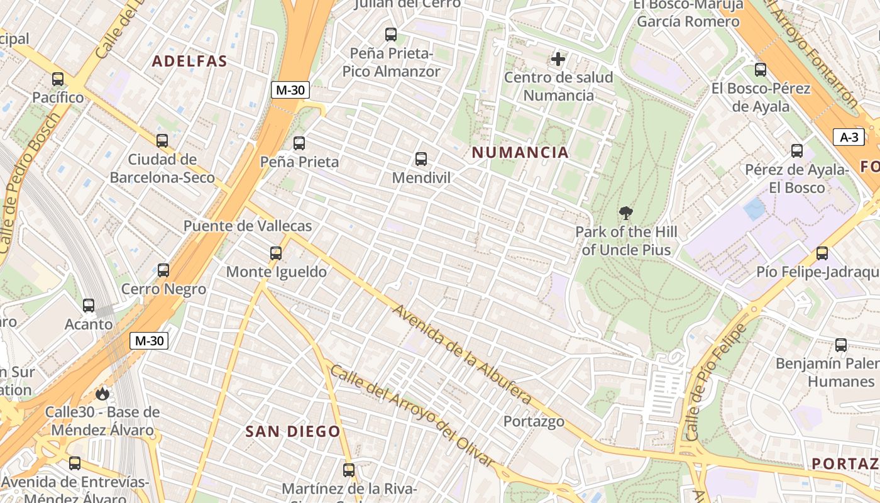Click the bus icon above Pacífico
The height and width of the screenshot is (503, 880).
58,79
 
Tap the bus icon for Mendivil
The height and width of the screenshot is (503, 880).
421,159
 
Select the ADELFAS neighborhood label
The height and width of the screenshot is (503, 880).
189,61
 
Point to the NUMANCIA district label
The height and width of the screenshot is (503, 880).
520,152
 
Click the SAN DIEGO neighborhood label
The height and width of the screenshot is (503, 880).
293,431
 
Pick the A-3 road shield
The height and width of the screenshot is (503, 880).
849,137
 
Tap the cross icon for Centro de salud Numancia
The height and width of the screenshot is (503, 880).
558,59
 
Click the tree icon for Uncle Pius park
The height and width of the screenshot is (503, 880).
625,213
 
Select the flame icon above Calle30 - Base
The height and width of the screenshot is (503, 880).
102,394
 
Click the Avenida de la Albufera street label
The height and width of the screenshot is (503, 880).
463,355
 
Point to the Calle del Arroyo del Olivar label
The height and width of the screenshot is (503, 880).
412,416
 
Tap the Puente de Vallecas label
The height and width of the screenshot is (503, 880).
248,226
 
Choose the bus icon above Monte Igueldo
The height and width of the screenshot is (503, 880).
276,253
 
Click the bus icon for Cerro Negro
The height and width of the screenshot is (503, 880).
163,270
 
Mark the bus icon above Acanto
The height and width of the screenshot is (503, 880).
89,306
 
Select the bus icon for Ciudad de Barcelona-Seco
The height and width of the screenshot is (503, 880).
162,140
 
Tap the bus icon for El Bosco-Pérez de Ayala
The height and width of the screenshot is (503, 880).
761,70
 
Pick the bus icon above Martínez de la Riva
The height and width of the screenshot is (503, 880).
349,470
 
